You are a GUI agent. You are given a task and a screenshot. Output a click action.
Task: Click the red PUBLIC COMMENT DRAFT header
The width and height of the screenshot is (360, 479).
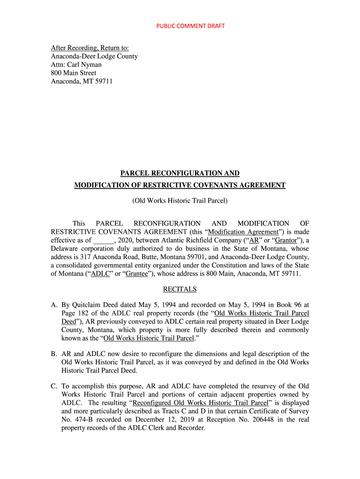click(x=190, y=26)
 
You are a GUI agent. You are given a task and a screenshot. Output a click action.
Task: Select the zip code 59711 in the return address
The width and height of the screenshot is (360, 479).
click(x=103, y=81)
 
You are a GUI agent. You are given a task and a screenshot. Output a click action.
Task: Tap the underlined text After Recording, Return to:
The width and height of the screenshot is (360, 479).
click(x=90, y=48)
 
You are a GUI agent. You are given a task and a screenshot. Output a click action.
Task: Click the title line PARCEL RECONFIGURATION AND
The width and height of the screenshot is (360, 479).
click(x=180, y=173)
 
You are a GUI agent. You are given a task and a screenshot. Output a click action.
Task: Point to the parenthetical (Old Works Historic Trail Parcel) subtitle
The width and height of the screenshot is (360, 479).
click(x=180, y=201)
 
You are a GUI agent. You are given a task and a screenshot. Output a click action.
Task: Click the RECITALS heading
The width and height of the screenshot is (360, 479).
click(x=180, y=290)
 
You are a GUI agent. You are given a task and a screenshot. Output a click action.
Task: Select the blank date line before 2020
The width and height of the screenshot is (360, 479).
click(x=104, y=241)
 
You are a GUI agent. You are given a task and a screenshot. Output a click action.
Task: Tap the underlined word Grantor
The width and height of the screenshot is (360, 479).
click(x=285, y=241)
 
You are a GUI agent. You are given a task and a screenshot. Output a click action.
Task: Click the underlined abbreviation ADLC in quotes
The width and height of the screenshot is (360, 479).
click(x=100, y=274)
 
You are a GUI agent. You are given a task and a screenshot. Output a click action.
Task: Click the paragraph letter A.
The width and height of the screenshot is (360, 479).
click(x=54, y=305)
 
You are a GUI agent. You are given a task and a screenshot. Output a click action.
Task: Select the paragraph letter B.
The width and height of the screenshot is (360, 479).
click(x=54, y=354)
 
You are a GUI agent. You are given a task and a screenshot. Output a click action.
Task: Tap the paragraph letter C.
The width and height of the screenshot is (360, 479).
click(x=54, y=386)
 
